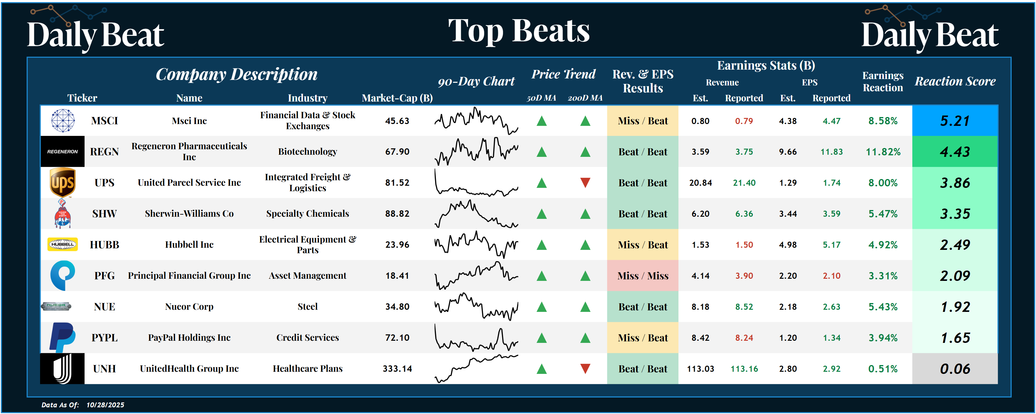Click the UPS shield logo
pos(62,183)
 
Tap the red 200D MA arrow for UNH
pos(585,368)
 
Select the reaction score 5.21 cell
pos(955,121)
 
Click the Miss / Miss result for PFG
pos(643,276)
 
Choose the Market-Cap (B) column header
pos(397,98)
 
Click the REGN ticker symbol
pos(104,152)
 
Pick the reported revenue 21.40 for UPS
pos(744,183)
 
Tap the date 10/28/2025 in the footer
pos(105,405)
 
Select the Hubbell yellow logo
pos(62,244)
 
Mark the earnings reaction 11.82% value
pos(883,152)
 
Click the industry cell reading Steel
pos(308,307)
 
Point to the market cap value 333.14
pos(397,368)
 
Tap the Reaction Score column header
pos(955,81)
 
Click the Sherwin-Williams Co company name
pos(189,214)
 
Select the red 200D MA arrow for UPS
pos(585,183)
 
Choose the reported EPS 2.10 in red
pos(831,276)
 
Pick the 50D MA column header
pos(541,98)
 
